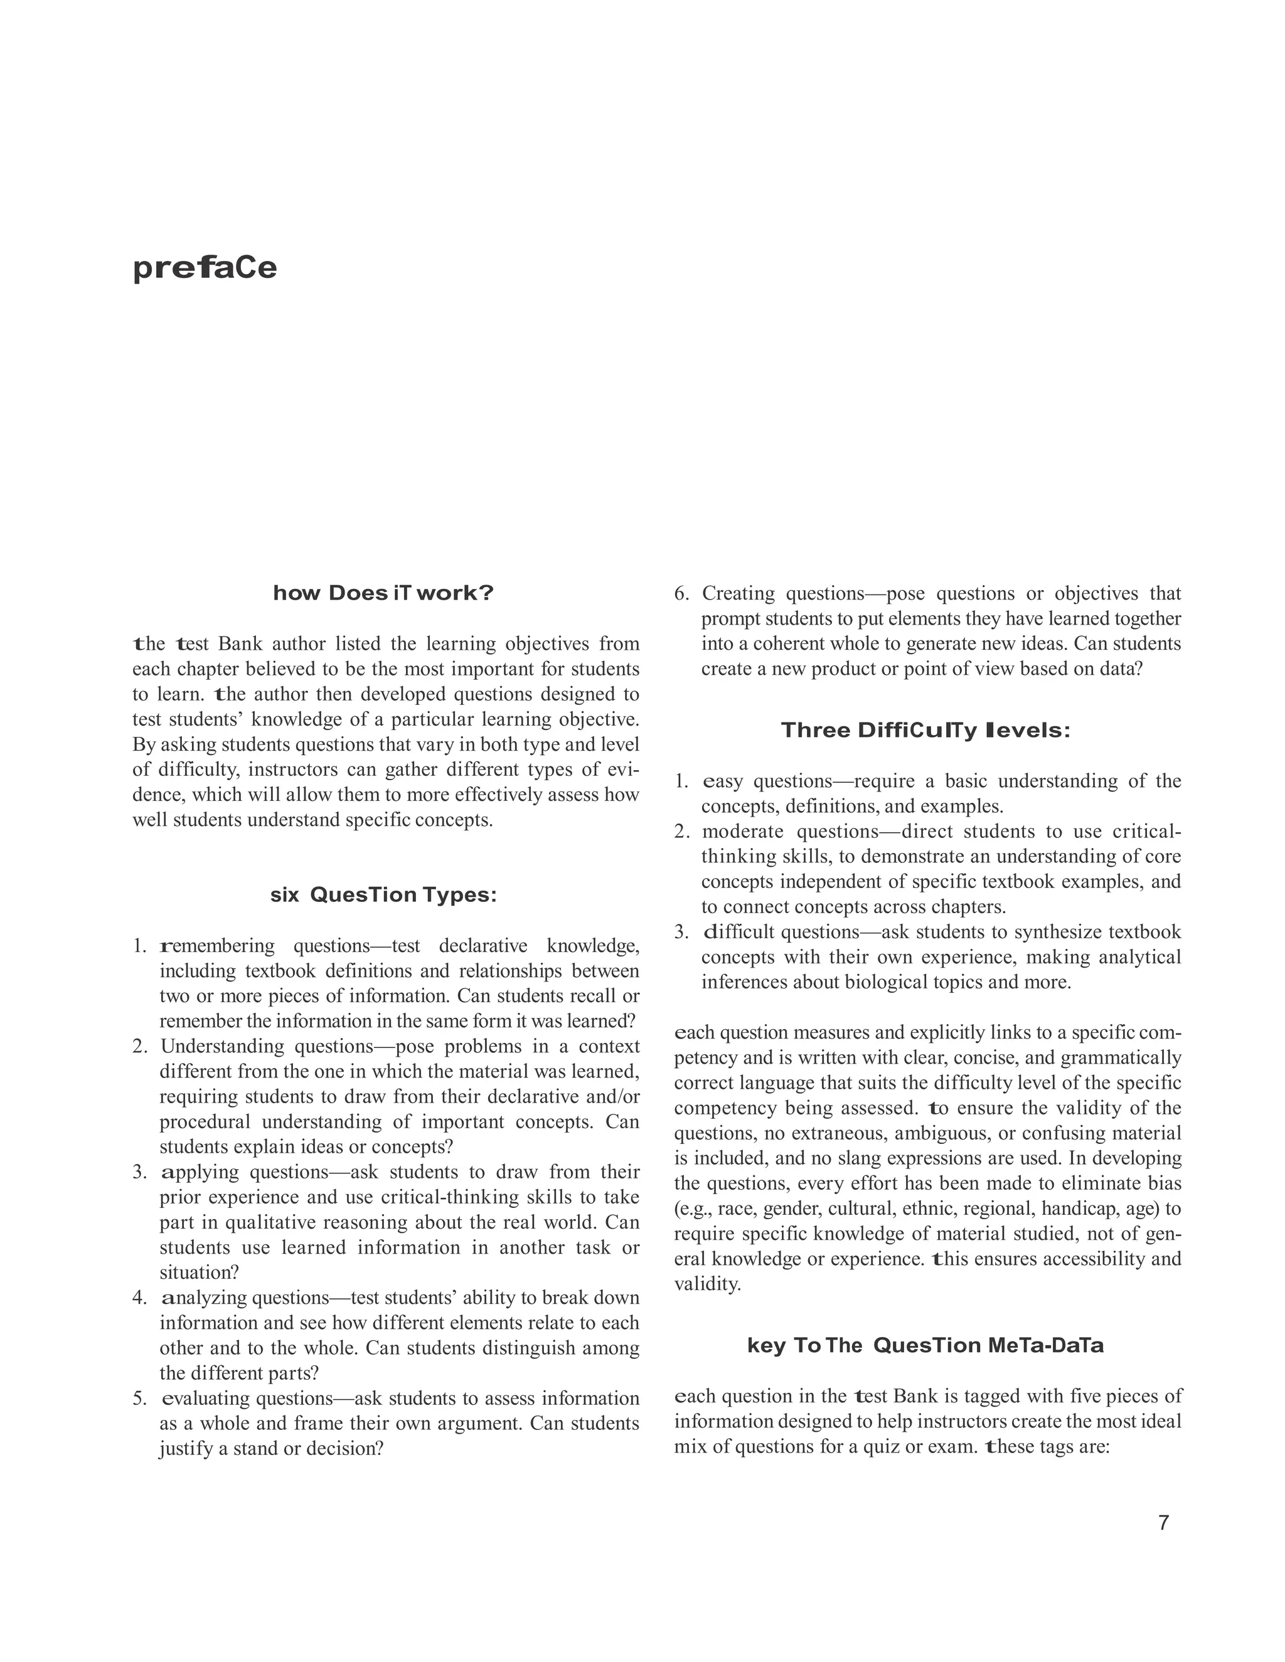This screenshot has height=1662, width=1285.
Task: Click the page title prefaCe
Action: tap(204, 268)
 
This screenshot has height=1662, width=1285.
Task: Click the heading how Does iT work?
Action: tap(383, 593)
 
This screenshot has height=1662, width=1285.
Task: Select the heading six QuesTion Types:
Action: tap(383, 895)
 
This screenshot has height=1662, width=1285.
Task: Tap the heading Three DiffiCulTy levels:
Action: tap(925, 731)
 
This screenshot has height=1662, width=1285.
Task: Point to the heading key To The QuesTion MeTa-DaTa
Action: tap(925, 1345)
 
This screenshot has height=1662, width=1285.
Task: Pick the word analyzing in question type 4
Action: tap(204, 1298)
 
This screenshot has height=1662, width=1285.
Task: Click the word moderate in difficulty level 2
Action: tap(742, 831)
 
